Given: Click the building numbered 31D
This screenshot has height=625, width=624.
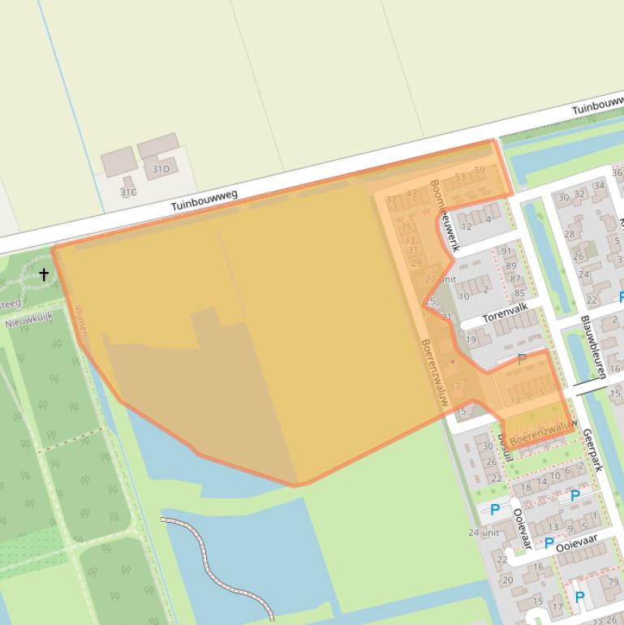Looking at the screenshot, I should pyautogui.click(x=161, y=169).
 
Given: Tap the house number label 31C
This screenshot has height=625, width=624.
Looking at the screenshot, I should pyautogui.click(x=128, y=192).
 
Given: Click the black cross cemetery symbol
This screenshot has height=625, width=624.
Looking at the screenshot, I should pyautogui.click(x=44, y=274).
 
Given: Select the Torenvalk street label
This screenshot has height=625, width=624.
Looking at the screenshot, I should pyautogui.click(x=505, y=312).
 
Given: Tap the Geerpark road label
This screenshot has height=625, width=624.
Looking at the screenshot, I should pyautogui.click(x=592, y=450).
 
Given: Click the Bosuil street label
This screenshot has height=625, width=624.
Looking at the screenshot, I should pyautogui.click(x=506, y=446).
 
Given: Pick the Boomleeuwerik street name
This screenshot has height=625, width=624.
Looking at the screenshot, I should pyautogui.click(x=445, y=215).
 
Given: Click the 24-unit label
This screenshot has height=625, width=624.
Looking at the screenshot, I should pyautogui.click(x=483, y=532).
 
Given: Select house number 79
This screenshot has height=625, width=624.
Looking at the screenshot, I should pyautogui.click(x=614, y=582).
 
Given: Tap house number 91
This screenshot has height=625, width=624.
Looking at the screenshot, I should pyautogui.click(x=507, y=252).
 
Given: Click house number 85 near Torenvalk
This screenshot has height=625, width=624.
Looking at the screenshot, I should pyautogui.click(x=519, y=293).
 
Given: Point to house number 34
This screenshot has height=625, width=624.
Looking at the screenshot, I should pyautogui.click(x=599, y=186).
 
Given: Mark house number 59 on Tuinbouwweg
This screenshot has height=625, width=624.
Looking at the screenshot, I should pyautogui.click(x=480, y=170).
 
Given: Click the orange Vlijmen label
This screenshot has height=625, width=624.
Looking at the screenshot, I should pyautogui.click(x=80, y=321).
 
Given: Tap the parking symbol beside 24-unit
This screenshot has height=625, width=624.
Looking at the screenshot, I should pyautogui.click(x=495, y=510).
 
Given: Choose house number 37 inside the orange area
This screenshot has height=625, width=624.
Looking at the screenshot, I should pyautogui.click(x=392, y=200).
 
